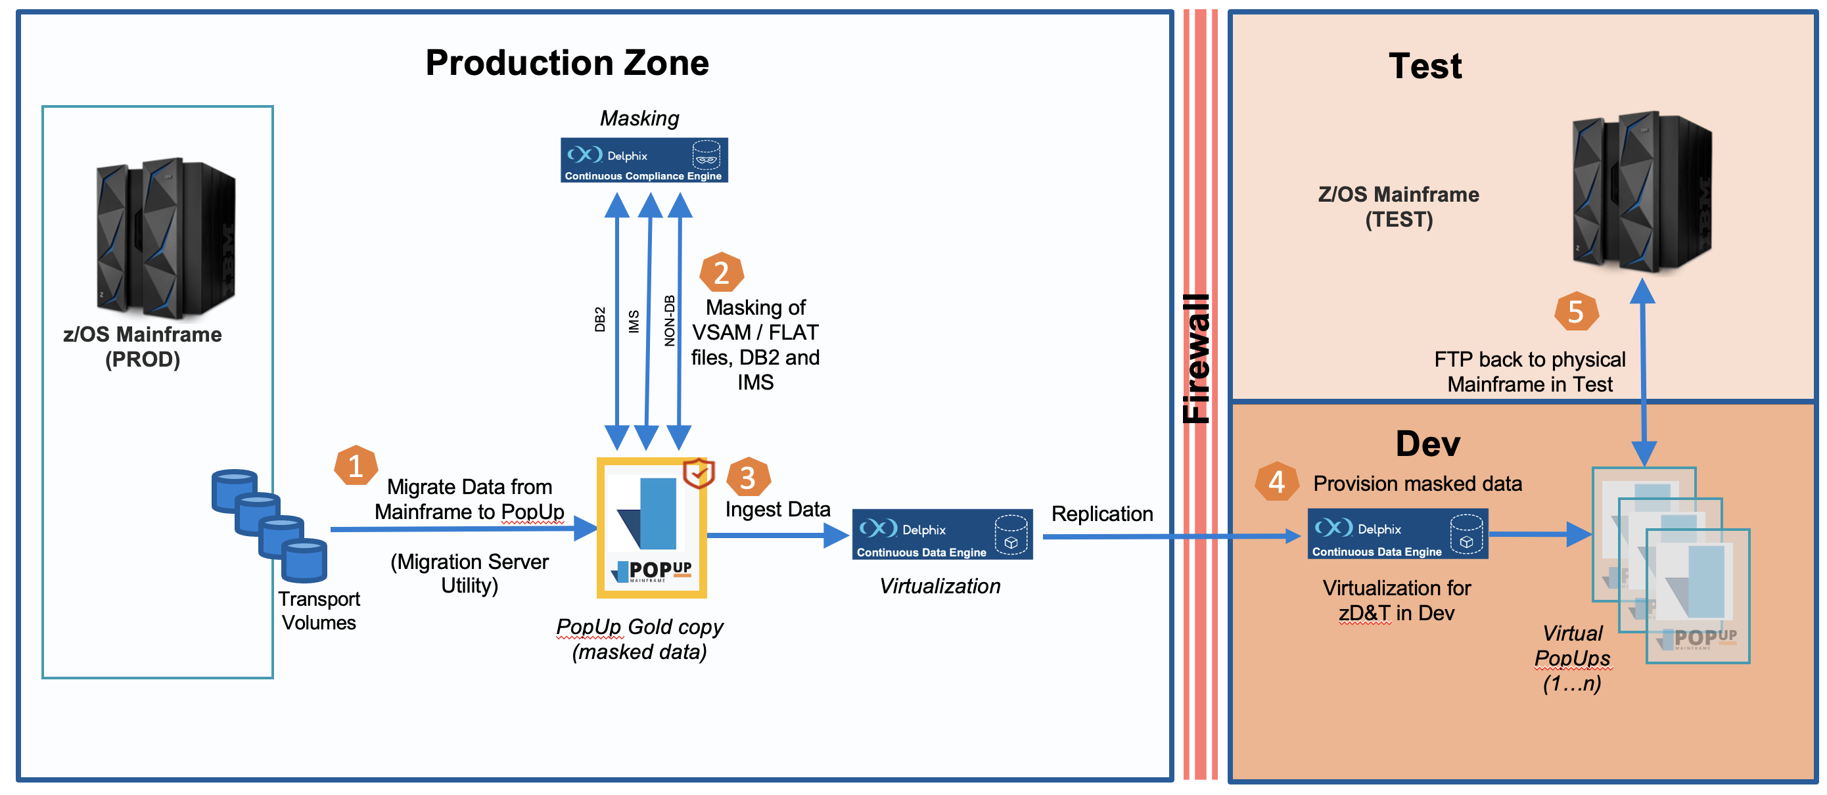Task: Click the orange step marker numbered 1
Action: pos(356,466)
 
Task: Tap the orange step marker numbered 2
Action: pos(722,272)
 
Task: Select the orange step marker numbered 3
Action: pos(747,477)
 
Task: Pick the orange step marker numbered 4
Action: pos(1277,482)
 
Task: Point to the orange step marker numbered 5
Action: pos(1576,311)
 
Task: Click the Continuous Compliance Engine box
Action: pos(644,160)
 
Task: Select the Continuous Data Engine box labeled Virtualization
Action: pos(942,535)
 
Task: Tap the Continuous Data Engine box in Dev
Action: pos(1397,534)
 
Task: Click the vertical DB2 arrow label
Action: pos(600,319)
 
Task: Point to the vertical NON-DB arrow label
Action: pos(669,321)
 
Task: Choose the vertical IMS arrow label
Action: pos(634,321)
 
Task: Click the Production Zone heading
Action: pos(567,62)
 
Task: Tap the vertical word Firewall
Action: pos(1197,358)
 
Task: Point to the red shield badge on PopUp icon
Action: pos(699,473)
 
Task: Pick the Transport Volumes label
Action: pos(319,610)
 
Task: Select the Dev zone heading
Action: pos(1427,444)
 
